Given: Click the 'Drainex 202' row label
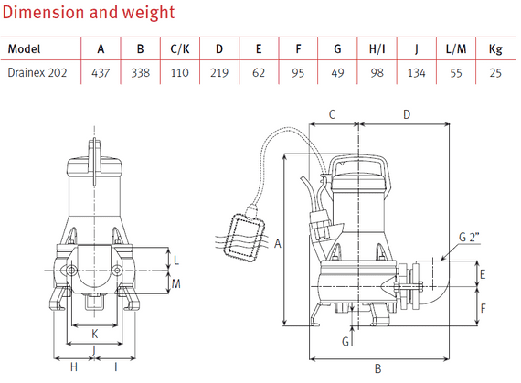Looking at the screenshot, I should pos(37,74).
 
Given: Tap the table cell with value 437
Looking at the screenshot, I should pos(101,74).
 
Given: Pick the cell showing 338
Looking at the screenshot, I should pos(140,74).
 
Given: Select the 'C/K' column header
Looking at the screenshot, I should pos(179,49).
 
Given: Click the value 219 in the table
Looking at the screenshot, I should pos(219,74).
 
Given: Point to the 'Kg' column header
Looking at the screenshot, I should pos(494,49).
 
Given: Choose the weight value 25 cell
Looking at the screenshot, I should pos(494,74).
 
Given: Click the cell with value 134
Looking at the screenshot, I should pos(416,74).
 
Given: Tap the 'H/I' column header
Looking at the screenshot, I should pos(376,49).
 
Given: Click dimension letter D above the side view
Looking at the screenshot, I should pos(406,114).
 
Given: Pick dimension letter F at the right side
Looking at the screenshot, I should pos(484,307).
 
